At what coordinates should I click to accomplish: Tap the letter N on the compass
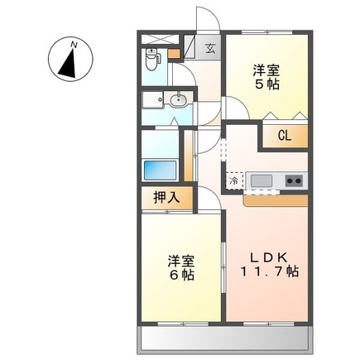pyautogui.click(x=74, y=44)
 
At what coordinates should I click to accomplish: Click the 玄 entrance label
pyautogui.click(x=210, y=47)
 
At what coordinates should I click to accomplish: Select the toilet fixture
pyautogui.click(x=152, y=59)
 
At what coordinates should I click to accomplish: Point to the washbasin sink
pyautogui.click(x=178, y=101)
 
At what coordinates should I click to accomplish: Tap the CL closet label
pyautogui.click(x=284, y=135)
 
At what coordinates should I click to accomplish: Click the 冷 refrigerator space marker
pyautogui.click(x=234, y=180)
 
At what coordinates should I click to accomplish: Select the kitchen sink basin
pyautogui.click(x=262, y=180)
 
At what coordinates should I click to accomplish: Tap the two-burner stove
pyautogui.click(x=294, y=180)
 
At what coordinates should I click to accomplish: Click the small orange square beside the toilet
pyautogui.click(x=173, y=55)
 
